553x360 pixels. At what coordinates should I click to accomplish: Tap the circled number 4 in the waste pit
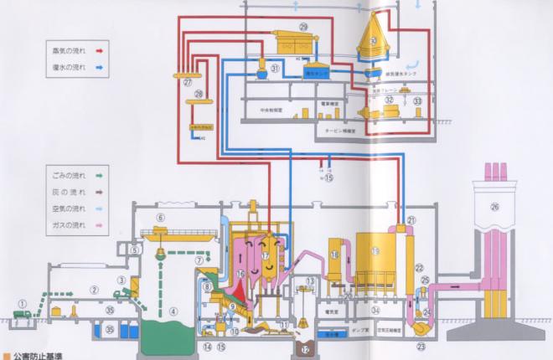pos(173,311)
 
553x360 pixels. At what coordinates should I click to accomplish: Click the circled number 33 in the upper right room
pos(417,100)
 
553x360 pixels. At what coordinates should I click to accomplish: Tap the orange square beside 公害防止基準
pos(5,354)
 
